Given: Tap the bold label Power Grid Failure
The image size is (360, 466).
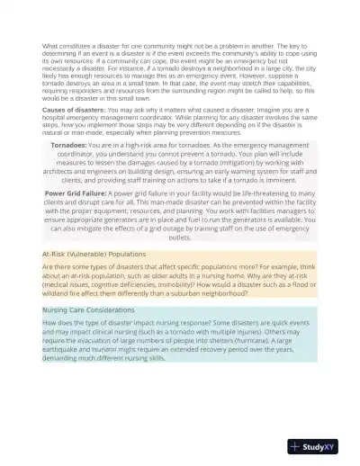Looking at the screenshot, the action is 77,193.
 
